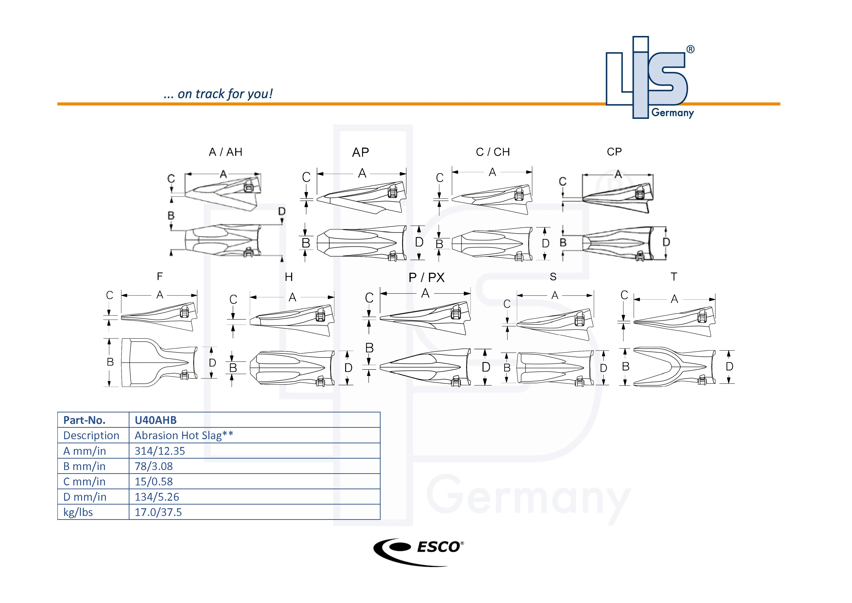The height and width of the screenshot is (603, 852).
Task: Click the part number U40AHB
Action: pos(155,420)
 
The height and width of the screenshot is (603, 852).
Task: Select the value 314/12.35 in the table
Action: pos(160,451)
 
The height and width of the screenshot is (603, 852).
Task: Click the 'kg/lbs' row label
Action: pos(78,512)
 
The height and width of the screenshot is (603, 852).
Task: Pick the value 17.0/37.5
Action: pos(158,512)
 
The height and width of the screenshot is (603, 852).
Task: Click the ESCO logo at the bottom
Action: pos(418,551)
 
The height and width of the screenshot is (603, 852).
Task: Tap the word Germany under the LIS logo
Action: pos(673,113)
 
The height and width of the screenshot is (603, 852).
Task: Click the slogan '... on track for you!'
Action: pos(218,94)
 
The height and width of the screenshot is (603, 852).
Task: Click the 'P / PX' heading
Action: pos(426,277)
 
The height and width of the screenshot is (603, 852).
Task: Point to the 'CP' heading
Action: pos(614,152)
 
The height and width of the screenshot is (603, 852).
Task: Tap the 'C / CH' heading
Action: pos(493,152)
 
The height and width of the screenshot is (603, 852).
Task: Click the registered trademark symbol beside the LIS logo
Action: pos(690,49)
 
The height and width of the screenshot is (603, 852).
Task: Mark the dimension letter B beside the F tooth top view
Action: pos(110,362)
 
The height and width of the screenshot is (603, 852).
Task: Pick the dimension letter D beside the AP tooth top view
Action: pos(419,242)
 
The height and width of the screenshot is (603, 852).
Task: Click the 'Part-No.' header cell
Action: pos(84,420)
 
